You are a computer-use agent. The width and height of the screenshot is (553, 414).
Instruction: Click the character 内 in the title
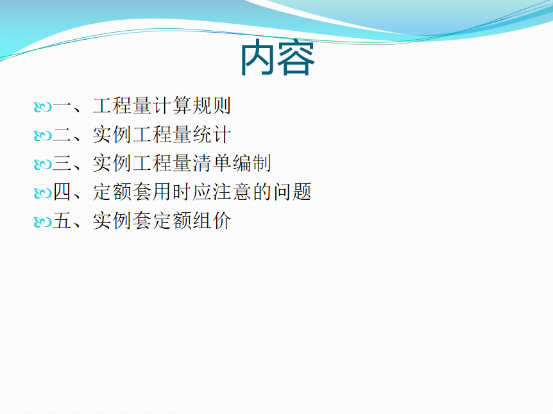[258, 58]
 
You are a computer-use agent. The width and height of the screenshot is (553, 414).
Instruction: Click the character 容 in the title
[296, 58]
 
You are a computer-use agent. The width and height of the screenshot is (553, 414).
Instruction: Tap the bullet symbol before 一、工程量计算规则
[43, 107]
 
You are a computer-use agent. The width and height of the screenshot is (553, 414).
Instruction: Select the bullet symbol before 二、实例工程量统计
[43, 136]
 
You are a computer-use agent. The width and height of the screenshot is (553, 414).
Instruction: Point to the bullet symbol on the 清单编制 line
[43, 165]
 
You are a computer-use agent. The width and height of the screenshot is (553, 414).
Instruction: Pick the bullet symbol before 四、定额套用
[43, 194]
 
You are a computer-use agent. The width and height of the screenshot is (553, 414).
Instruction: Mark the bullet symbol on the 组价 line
[43, 222]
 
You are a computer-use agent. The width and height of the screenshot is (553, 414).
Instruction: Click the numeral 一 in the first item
[62, 106]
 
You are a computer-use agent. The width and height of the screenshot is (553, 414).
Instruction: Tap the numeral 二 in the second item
[62, 135]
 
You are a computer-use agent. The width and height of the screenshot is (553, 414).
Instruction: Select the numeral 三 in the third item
[62, 163]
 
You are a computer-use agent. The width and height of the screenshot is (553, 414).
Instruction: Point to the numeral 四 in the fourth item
[62, 192]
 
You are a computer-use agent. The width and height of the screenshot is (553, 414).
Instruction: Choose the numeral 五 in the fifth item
[62, 221]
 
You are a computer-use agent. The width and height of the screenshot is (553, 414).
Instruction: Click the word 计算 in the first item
[172, 106]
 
